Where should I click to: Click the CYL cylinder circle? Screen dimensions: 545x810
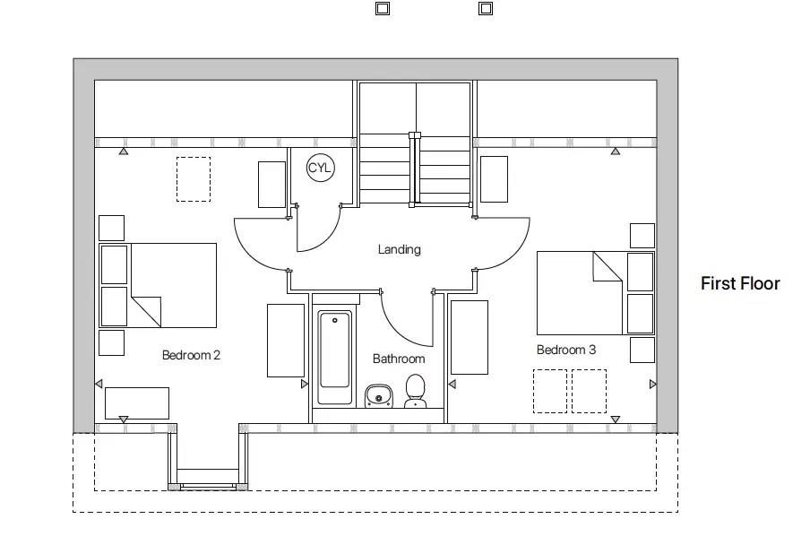pos(320,169)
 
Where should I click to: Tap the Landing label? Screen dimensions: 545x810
pos(399,249)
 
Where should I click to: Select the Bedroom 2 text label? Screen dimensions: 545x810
pos(191,355)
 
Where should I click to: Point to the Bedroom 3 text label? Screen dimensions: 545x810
pos(566,350)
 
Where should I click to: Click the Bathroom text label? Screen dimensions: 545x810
pos(399,359)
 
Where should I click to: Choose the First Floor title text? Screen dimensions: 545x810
pos(740,283)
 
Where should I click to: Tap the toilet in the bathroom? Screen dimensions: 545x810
pos(414,391)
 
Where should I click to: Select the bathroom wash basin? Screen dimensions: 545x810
pos(377,395)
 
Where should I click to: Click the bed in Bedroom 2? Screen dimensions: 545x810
pos(173,285)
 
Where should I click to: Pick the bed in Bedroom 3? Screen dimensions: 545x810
pos(579,292)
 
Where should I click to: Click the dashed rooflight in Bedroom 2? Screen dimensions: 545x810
pos(193,179)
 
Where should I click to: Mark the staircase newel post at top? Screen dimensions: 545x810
pos(414,136)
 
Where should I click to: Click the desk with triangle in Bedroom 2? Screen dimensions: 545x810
pos(136,402)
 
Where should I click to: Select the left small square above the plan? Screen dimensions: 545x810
pos(382,8)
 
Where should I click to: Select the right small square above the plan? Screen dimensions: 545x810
pos(485,8)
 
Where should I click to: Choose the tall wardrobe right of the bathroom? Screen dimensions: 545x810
pos(469,337)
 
